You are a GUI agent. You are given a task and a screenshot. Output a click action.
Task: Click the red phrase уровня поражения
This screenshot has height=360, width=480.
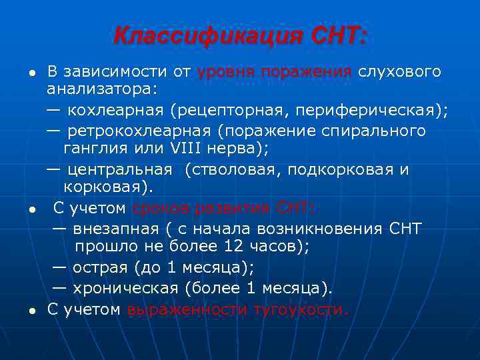(x=275, y=71)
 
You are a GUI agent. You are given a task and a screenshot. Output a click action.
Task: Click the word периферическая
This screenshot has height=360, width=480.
(x=374, y=109)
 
